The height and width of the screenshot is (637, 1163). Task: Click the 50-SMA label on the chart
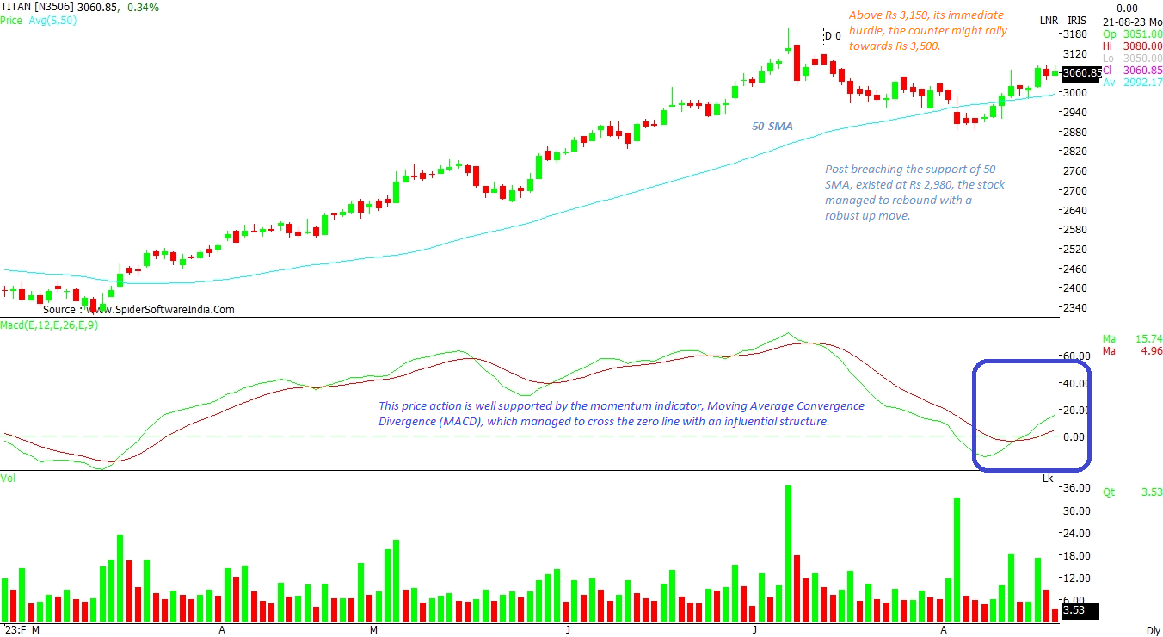772,126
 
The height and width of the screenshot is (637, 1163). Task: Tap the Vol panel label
9,478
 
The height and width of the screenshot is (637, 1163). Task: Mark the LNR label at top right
1049,20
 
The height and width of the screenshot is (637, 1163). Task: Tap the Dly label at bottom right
1153,630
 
